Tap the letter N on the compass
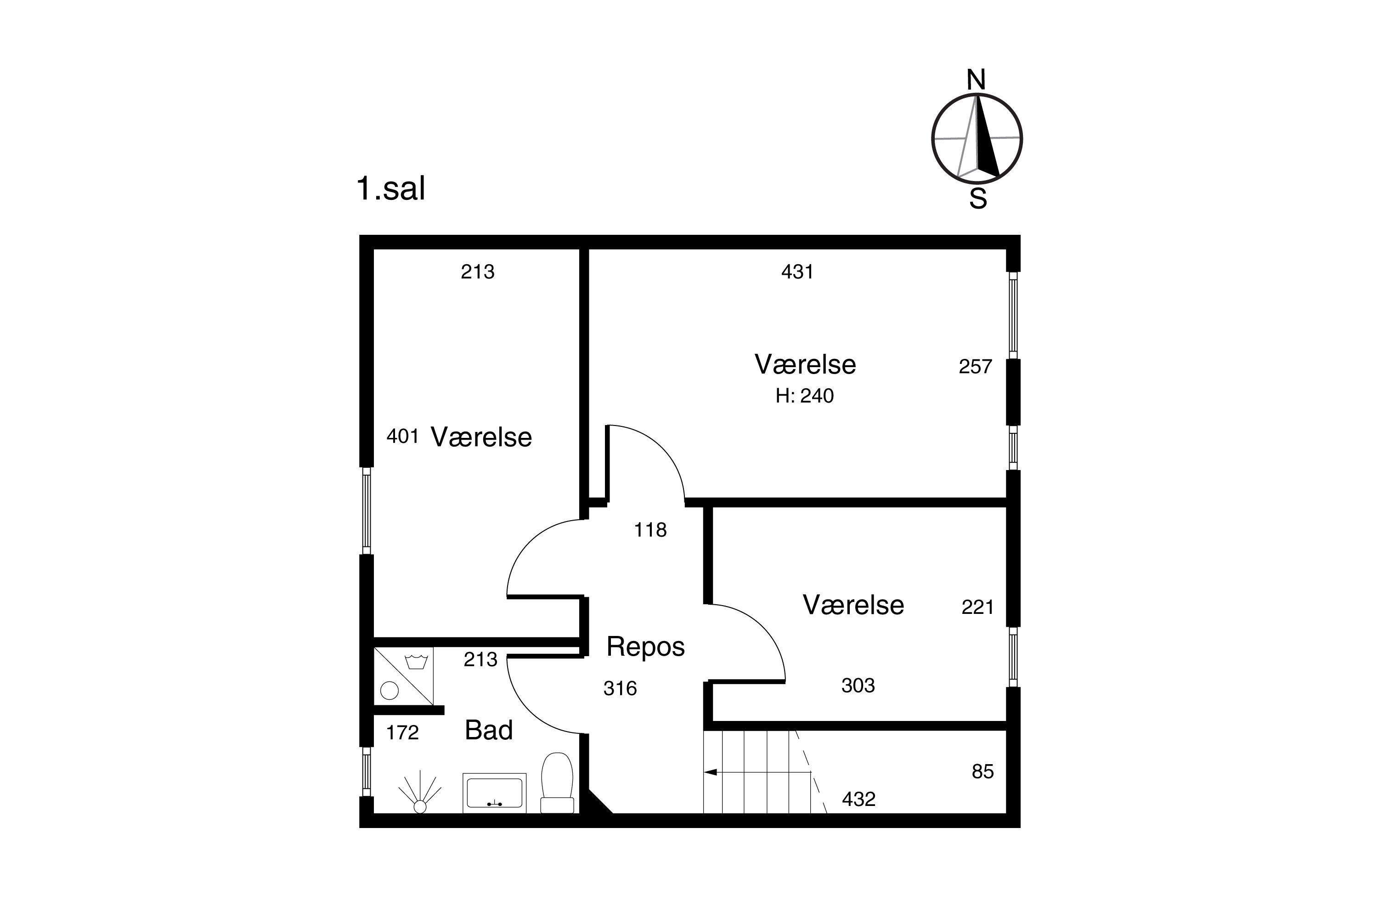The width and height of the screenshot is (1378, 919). [x=976, y=79]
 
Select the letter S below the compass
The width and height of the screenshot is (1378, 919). [x=978, y=199]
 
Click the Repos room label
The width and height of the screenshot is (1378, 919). [x=646, y=647]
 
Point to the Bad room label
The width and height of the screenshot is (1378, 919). [x=489, y=730]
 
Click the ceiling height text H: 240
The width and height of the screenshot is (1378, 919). [x=804, y=396]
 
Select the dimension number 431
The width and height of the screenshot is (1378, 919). [x=797, y=272]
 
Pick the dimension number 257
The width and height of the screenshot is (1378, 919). [x=976, y=367]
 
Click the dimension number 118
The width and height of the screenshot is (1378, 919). [x=650, y=530]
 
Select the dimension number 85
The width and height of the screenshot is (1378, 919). [x=983, y=772]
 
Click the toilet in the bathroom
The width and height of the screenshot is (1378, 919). [x=557, y=783]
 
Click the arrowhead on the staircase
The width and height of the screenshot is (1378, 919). [x=710, y=772]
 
